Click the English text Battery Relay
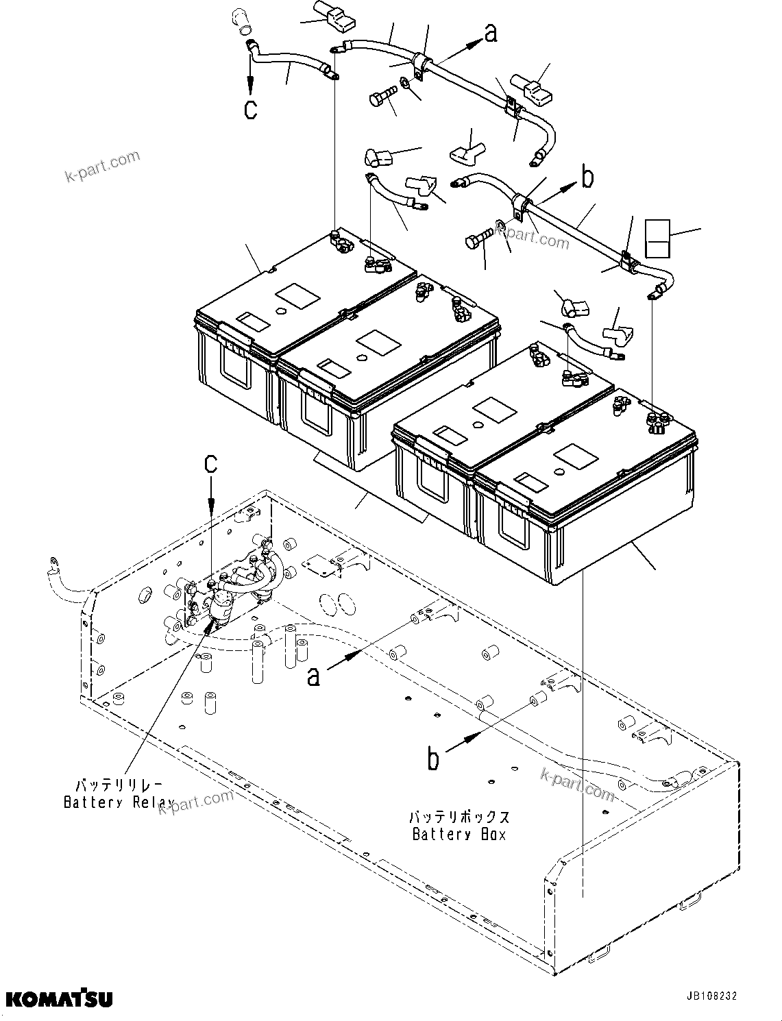(119, 802)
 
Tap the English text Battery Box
(459, 834)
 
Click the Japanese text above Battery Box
(459, 817)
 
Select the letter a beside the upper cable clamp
(490, 33)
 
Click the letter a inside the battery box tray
(313, 676)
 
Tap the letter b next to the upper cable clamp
(587, 177)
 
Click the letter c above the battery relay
(210, 464)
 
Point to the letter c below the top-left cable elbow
(251, 109)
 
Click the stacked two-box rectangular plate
(658, 238)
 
